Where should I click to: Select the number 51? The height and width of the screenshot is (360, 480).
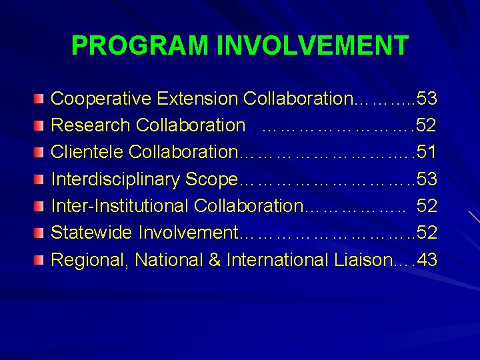click(425, 152)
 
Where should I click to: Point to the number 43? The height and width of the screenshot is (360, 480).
click(425, 259)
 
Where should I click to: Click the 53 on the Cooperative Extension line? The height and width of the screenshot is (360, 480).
click(425, 99)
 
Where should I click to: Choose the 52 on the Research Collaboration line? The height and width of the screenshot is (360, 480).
click(425, 125)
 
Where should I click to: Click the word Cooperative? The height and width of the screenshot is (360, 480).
click(101, 99)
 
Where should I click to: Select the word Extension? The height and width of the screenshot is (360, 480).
click(197, 99)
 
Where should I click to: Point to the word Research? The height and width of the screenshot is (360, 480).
click(91, 125)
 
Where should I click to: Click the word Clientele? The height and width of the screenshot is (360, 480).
click(87, 152)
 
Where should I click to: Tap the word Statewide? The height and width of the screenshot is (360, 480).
click(92, 233)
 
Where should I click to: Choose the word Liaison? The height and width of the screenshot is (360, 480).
click(361, 259)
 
